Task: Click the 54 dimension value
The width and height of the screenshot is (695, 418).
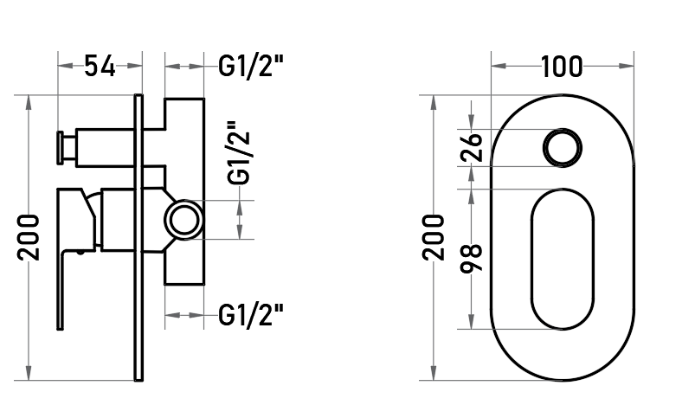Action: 100,66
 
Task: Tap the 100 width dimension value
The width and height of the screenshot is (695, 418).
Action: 562,67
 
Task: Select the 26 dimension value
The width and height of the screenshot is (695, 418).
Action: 471,147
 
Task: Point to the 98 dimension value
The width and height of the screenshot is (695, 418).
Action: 471,259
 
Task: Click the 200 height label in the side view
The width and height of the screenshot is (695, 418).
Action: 29,238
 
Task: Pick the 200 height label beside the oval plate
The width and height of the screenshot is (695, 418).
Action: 433,238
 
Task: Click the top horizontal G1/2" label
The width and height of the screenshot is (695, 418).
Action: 250,67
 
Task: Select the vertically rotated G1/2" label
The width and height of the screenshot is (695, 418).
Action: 239,152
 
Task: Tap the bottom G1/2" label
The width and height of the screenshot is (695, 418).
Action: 250,315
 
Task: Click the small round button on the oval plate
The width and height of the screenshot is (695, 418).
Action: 563,148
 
